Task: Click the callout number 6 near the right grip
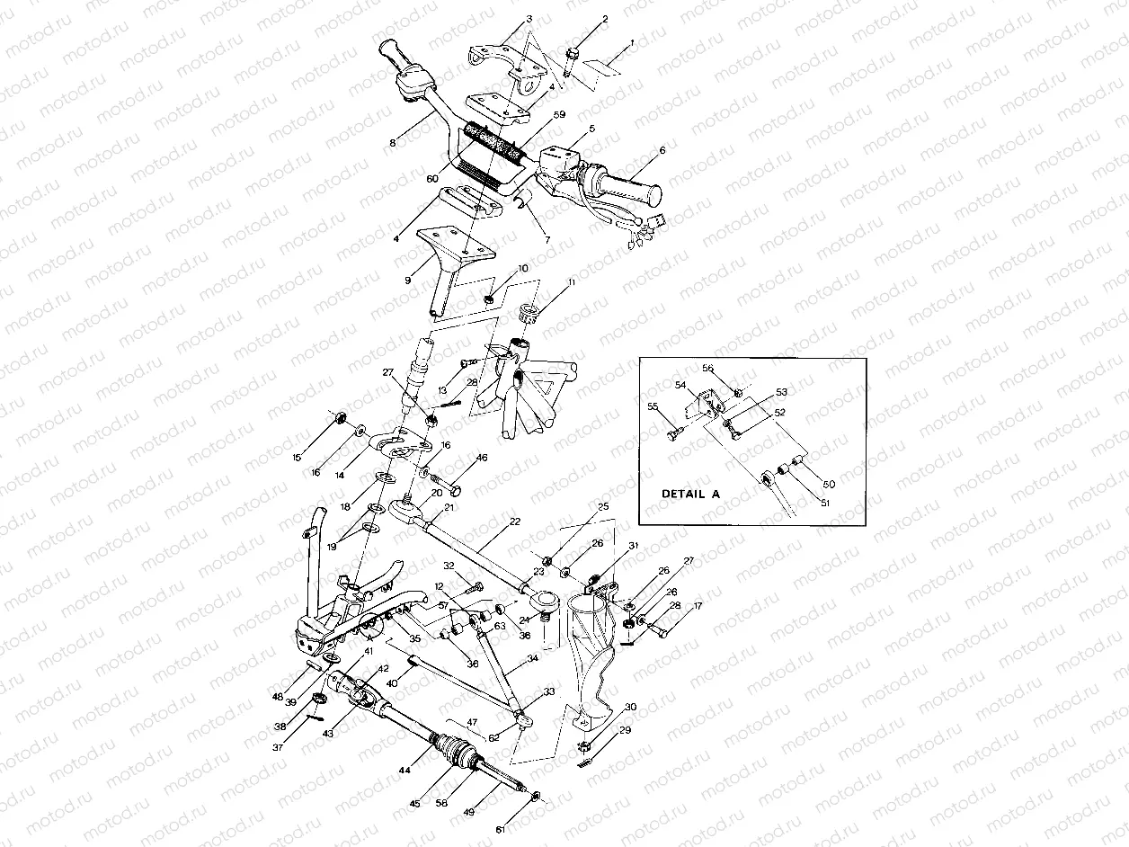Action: pos(662,150)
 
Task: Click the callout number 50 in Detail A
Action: pos(829,484)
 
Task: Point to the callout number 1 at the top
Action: pos(631,42)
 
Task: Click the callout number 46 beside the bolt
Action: pos(482,458)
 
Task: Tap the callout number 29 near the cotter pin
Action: pos(625,731)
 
